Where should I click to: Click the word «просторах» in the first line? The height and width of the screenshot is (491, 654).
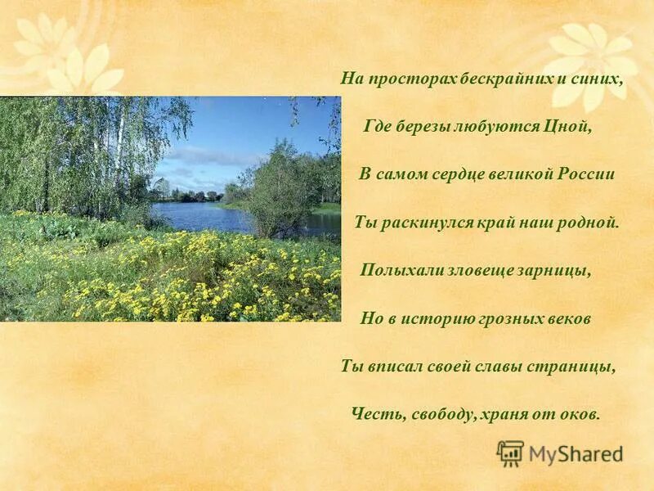click(401, 80)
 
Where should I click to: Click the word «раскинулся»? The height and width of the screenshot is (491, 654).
click(420, 223)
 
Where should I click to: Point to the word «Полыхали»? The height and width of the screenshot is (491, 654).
click(392, 271)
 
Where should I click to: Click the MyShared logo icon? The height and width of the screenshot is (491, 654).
click(511, 453)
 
